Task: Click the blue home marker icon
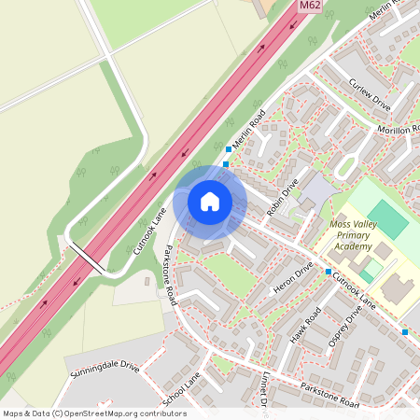[x=210, y=201]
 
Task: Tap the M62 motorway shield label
[x=312, y=7]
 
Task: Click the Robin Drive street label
[x=282, y=197]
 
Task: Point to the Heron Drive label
[x=292, y=279]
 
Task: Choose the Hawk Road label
[x=304, y=326]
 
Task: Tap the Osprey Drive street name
[x=344, y=329]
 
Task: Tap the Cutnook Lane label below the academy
[x=355, y=289]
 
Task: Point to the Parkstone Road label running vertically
[x=170, y=274]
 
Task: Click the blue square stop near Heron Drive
[x=329, y=272]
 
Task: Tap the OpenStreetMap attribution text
[x=93, y=413]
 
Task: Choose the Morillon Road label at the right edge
[x=399, y=130]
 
